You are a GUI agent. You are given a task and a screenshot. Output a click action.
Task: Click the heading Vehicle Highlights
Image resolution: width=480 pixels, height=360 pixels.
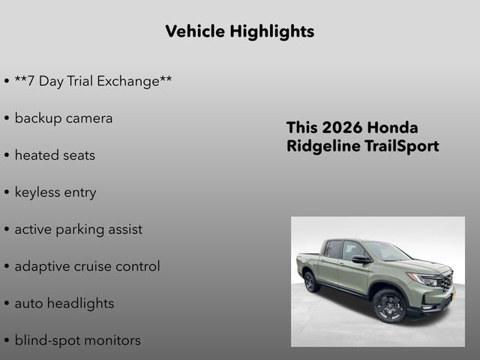click(x=239, y=31)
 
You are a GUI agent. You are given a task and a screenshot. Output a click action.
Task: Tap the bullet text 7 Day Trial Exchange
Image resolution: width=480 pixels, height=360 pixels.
click(x=93, y=81)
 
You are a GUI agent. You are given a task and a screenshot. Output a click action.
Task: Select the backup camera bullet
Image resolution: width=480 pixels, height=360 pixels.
click(x=63, y=118)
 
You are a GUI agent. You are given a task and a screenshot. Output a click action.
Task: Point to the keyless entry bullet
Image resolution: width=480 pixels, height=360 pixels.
click(x=55, y=192)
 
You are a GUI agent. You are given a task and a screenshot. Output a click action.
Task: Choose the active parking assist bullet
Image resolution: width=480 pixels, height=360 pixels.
click(x=78, y=229)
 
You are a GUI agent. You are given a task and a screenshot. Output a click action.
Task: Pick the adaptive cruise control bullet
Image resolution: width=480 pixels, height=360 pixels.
click(x=87, y=266)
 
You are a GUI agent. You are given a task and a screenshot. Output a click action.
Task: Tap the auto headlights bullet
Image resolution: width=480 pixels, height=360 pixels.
click(x=64, y=304)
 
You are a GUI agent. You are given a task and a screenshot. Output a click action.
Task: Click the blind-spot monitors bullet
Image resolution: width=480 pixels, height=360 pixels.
click(x=77, y=340)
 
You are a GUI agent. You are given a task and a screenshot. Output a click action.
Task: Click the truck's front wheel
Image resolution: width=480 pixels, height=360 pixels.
click(x=389, y=305)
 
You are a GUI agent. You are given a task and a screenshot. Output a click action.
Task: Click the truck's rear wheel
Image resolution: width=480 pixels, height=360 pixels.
click(x=311, y=282)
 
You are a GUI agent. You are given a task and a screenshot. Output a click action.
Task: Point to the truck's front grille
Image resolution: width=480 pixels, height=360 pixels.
click(x=445, y=283)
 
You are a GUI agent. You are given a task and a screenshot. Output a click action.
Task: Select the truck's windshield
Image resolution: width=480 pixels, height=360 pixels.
click(x=385, y=251)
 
